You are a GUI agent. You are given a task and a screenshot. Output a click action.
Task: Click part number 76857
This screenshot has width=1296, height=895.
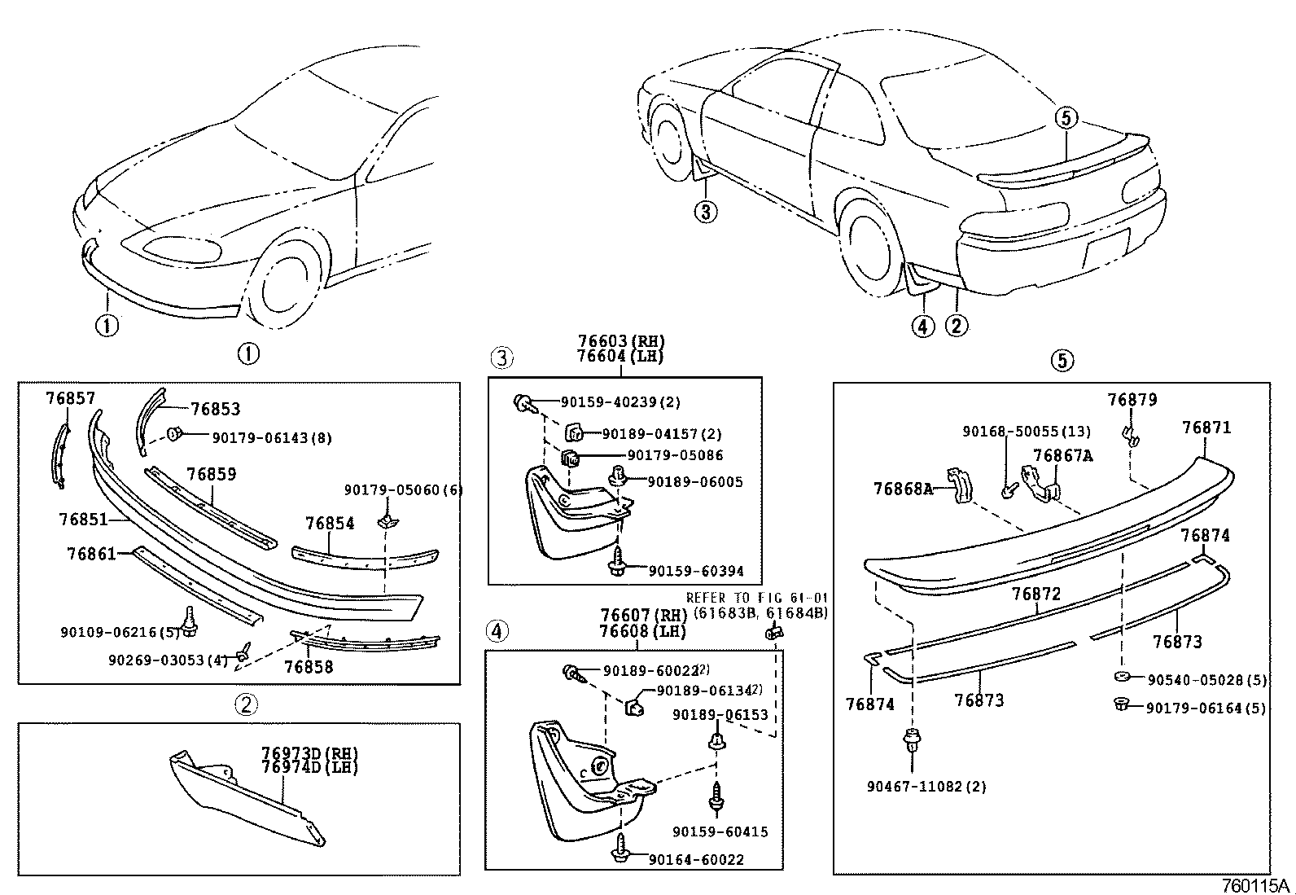pos(70,398)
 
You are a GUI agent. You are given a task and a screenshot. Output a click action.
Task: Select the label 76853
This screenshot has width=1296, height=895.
pos(216,410)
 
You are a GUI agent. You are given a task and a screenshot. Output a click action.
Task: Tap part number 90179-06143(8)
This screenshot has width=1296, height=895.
pos(271,438)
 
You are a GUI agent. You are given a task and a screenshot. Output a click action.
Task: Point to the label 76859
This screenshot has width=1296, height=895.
pos(211,474)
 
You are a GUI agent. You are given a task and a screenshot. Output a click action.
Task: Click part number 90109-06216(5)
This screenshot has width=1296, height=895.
pos(118,632)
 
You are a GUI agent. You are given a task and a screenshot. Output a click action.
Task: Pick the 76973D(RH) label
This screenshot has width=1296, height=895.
pos(309,752)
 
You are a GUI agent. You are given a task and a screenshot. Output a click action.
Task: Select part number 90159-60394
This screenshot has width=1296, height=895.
pos(696,571)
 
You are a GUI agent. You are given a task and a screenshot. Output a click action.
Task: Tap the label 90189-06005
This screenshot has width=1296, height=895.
pos(695,482)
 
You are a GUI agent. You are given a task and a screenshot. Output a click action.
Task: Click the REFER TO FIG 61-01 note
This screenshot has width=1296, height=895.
pos(756,598)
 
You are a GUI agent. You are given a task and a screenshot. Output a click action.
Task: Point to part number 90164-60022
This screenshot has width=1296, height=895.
pos(696,859)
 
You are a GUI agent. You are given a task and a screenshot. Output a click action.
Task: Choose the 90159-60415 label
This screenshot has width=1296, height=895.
pos(720,831)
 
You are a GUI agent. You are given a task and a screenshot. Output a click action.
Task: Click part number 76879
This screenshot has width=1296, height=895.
pos(1132,400)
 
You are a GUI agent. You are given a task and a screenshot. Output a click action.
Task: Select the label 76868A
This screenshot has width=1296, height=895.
pos(903,489)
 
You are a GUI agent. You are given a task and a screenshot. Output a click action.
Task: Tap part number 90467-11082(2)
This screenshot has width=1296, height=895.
pos(926,787)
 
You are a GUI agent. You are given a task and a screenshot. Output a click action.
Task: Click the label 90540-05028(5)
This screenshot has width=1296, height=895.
pos(1206,679)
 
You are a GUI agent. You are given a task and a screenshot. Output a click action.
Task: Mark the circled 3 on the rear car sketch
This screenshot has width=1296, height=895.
pos(705,213)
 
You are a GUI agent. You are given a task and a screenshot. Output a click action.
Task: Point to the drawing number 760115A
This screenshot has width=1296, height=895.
pos(1255,885)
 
